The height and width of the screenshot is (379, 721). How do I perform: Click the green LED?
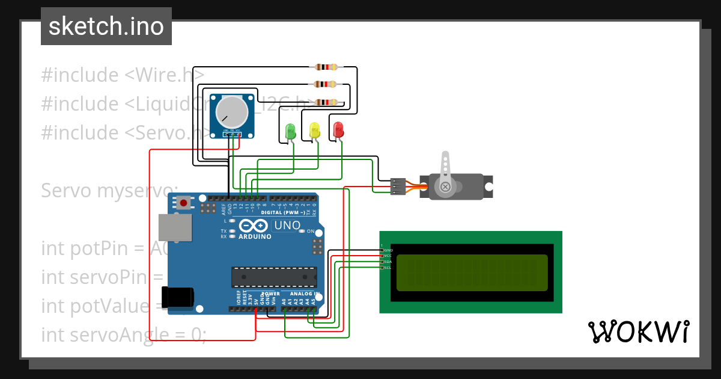coord(291,131)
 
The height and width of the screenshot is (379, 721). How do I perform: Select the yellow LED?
coord(314,130)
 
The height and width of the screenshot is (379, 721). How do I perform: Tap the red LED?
coord(338,129)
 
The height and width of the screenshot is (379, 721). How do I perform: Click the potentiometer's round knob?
coord(232,112)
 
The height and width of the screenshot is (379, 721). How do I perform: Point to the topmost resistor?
coord(325,67)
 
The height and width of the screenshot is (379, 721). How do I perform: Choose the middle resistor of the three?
coord(325,85)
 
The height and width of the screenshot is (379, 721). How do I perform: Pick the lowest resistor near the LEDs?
coord(325,103)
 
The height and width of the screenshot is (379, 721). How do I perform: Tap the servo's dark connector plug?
coord(397,186)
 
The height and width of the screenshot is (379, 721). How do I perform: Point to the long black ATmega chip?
coord(274,276)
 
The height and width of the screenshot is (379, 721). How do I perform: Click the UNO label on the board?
coord(287,226)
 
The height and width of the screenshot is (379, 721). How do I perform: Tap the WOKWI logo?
coord(638,331)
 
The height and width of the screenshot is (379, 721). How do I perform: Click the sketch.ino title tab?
coord(106,26)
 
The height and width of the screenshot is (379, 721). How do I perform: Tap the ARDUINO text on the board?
coord(255,236)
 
